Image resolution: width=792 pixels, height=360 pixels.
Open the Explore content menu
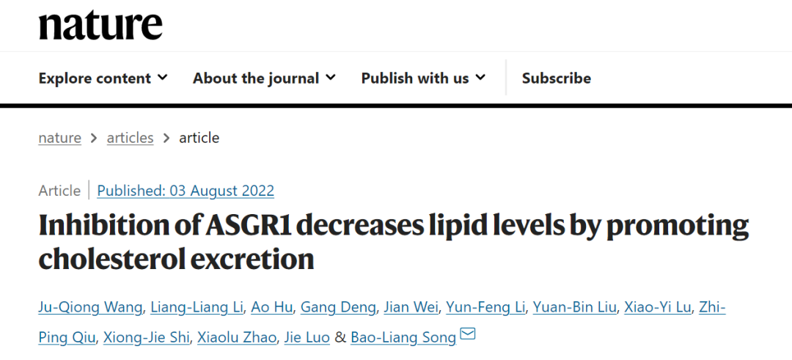[103, 78]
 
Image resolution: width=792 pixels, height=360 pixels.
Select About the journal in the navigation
[264, 78]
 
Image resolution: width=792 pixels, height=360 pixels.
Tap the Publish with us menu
[423, 78]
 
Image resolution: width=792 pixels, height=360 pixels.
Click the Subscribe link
[556, 78]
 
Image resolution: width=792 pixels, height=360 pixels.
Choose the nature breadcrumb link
[59, 138]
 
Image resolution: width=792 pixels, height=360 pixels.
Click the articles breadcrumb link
[130, 138]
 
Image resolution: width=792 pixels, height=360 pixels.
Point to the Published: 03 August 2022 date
[186, 191]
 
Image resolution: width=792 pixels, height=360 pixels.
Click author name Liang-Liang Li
[195, 306]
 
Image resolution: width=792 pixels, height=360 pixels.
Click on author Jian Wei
[410, 306]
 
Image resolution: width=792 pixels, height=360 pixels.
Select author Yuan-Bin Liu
[574, 306]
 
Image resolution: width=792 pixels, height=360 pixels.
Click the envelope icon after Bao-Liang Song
[468, 335]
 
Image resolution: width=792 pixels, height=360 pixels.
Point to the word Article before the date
[59, 191]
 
